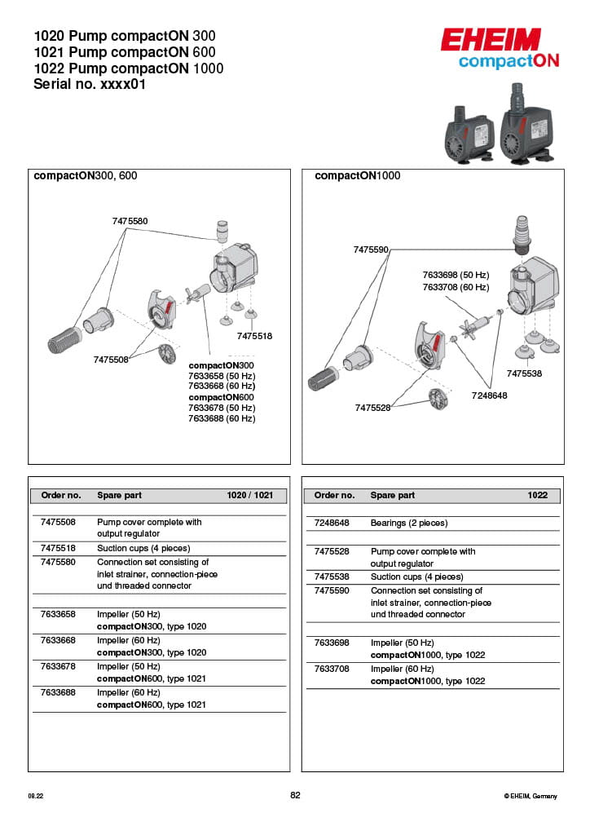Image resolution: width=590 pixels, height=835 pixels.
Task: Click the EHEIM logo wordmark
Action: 491,40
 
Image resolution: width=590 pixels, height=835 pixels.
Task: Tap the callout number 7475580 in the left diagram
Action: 130,221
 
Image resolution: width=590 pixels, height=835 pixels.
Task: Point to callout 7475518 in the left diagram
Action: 254,336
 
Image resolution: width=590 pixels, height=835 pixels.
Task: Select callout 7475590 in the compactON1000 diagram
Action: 371,250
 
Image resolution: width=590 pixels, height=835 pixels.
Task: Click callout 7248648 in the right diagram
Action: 489,395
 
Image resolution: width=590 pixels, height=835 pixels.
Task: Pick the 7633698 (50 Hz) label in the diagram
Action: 455,275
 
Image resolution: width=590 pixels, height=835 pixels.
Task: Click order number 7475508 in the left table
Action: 58,522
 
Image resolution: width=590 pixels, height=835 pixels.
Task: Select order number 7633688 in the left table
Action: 58,692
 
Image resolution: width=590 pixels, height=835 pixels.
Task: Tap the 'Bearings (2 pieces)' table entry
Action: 408,523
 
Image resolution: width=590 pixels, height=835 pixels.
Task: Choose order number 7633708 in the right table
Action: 332,669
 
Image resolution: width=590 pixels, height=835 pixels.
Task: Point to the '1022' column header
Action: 537,495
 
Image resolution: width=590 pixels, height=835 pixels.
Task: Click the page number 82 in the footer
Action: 295,795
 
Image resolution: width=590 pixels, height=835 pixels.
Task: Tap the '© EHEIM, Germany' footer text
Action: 531,796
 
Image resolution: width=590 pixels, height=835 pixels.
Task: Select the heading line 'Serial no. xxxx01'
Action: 90,83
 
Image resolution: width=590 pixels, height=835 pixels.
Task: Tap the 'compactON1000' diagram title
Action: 357,175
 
